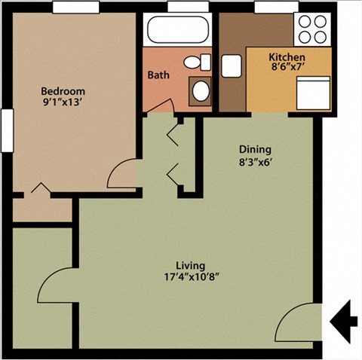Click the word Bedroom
point(63,91)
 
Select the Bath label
point(158,75)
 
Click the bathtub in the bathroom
point(178,29)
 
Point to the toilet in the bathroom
point(197,62)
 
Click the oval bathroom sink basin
point(201,91)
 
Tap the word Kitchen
point(287,57)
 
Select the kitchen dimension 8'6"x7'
point(287,67)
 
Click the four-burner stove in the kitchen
point(312,29)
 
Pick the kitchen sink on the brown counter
point(232,66)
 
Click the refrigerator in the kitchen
point(313,93)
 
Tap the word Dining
point(255,149)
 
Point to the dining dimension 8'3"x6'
point(256,162)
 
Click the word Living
point(190,265)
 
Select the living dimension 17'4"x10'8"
point(192,277)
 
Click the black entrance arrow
point(344,322)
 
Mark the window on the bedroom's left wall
point(7,130)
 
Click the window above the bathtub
point(188,6)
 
